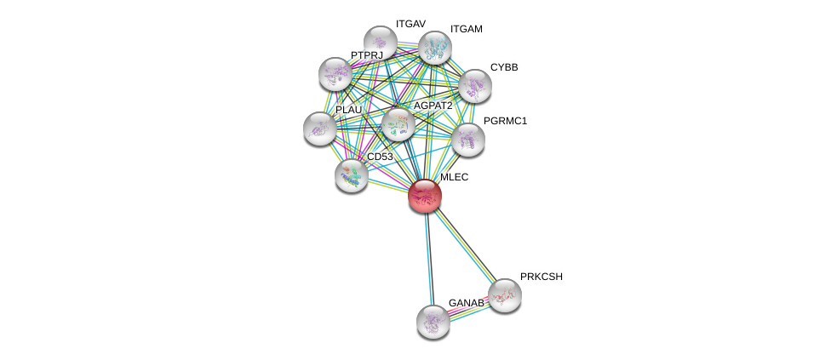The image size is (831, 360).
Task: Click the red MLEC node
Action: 425,196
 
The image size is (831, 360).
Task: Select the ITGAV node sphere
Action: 380,42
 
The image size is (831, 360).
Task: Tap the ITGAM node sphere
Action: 434,48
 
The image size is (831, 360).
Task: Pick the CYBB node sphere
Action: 474,85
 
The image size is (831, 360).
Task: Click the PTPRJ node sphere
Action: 335,74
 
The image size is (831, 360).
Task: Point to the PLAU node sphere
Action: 319,128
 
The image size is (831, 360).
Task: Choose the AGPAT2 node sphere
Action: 397,124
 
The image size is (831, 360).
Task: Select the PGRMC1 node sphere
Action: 467,139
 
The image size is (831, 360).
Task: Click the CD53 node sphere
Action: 351,174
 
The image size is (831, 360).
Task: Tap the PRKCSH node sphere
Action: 504,294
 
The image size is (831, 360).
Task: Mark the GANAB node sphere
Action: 433,321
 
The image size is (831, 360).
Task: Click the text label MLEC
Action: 454,177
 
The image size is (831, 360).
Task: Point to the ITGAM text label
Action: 466,29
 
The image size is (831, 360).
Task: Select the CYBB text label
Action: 503,67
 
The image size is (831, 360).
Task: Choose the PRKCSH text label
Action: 541,277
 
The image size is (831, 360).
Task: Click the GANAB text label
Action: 466,303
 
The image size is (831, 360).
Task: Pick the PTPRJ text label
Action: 367,55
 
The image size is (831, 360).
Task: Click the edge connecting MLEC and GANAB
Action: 428,255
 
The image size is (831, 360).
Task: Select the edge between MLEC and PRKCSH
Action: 464,245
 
